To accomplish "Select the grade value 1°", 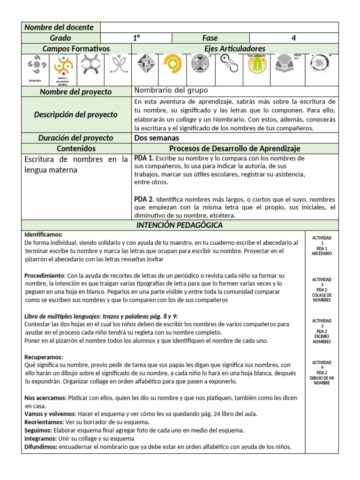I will pos(136,38).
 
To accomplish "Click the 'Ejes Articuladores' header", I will pos(235,49).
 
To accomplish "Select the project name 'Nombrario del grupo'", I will pos(171,90).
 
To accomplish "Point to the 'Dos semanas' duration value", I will pos(157,138).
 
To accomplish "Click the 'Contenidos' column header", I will pos(76,149).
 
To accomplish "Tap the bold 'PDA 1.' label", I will pos(143,158).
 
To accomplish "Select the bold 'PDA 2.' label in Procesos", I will pos(143,199).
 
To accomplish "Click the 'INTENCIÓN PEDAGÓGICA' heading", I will pos(180,225).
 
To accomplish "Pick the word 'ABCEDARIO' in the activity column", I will pos(322,254).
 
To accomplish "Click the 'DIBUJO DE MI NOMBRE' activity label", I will pos(322,381).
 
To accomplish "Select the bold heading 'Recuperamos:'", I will pos(43,357).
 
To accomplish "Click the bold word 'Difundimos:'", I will pos(41,447).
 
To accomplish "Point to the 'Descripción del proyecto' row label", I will pos(76,114).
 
